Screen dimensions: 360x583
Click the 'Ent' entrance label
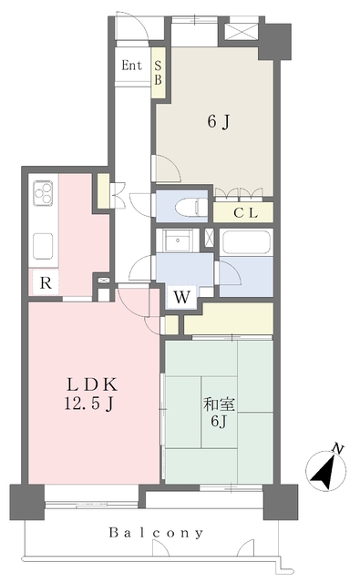click(132, 66)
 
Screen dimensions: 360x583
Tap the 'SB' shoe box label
click(158, 73)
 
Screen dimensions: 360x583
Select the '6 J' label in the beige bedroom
click(219, 121)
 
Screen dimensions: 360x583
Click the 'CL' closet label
click(245, 213)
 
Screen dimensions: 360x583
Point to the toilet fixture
click(190, 207)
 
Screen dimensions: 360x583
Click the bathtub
click(246, 242)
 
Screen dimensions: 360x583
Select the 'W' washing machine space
click(182, 297)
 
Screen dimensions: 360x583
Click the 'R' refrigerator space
click(46, 283)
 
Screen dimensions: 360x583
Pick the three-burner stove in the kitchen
click(44, 192)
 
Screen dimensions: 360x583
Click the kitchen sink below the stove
click(43, 246)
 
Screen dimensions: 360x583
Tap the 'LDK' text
click(92, 385)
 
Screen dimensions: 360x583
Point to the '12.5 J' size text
click(88, 404)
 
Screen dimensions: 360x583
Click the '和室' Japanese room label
click(219, 404)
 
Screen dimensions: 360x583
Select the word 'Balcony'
click(156, 533)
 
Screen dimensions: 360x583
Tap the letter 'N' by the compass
click(338, 448)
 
